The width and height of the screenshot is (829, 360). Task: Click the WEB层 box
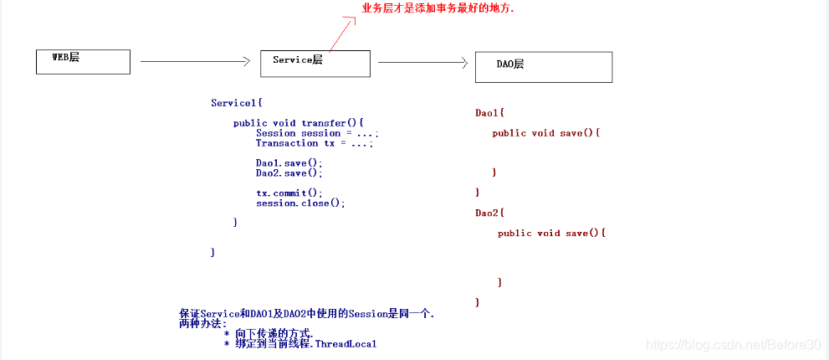click(x=83, y=61)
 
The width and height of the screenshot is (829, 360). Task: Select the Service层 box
click(x=315, y=64)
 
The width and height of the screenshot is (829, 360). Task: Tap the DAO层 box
click(x=543, y=67)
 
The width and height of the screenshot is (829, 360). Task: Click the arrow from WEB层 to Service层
click(x=196, y=61)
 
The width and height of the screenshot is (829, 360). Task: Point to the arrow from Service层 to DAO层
click(x=422, y=62)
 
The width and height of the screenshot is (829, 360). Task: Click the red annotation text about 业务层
click(x=438, y=9)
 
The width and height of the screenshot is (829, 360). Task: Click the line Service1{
click(x=237, y=103)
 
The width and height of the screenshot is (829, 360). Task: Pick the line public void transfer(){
click(x=299, y=123)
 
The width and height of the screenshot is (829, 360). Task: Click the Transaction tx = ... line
click(x=314, y=143)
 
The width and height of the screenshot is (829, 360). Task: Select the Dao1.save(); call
click(x=289, y=163)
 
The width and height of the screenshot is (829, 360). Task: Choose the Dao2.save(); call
click(x=289, y=173)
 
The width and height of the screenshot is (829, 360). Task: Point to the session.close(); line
click(x=300, y=203)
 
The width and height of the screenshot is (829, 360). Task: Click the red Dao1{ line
click(x=490, y=112)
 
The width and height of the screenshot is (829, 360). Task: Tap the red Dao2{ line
click(x=490, y=213)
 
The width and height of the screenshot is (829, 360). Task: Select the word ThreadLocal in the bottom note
click(x=346, y=344)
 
